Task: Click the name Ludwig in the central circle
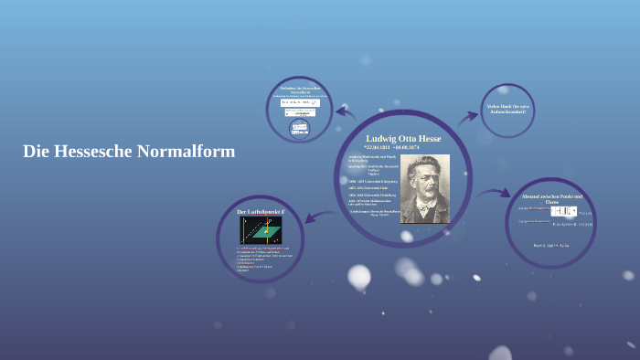[381, 139]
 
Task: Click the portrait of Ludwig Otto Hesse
[425, 188]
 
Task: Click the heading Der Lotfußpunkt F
[261, 211]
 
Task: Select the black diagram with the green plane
[261, 230]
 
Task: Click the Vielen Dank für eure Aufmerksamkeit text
[507, 109]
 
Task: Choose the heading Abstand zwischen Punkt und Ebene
[551, 199]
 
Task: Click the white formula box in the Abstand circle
[563, 211]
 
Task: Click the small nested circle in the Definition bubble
[299, 127]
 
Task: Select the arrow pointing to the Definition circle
[346, 112]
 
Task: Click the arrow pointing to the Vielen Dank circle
[468, 117]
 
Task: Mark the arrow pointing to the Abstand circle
[493, 194]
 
